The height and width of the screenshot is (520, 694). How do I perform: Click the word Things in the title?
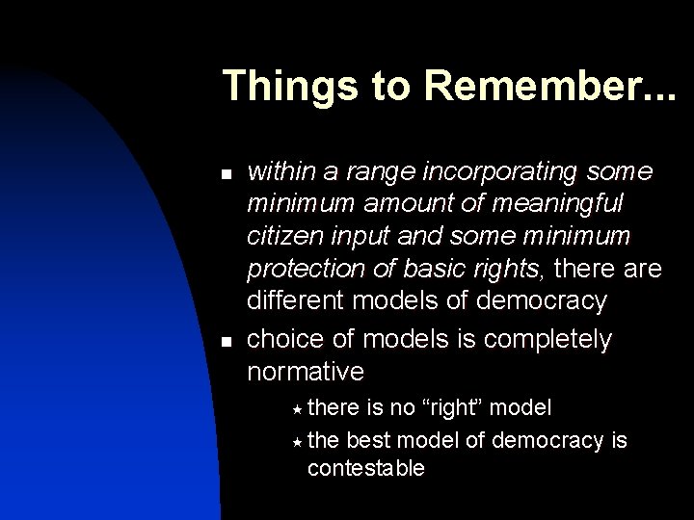(280, 86)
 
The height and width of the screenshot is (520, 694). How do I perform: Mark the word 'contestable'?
(365, 469)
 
